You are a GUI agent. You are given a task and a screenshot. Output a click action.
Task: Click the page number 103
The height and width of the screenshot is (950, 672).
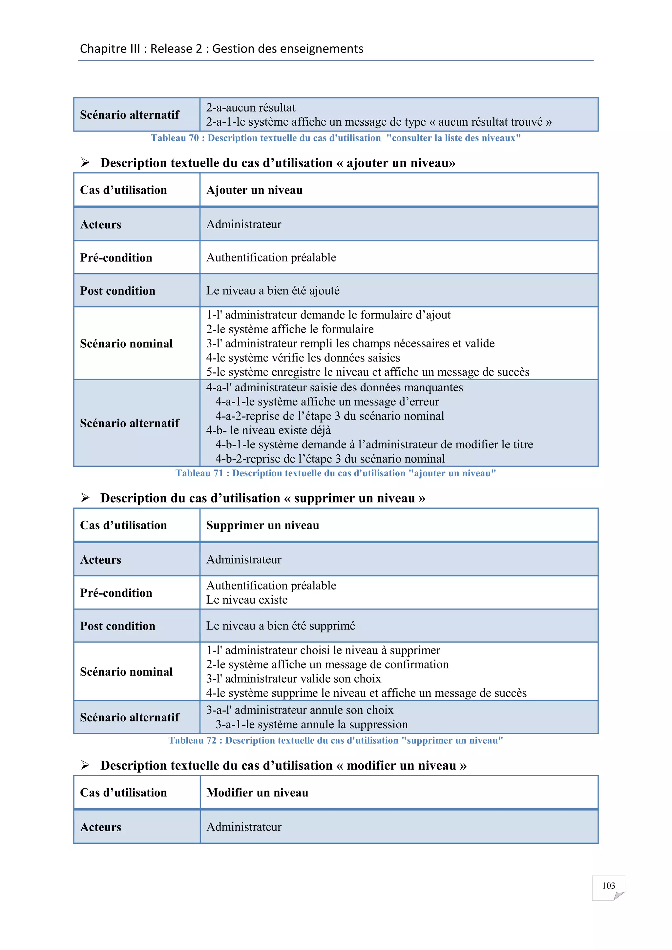pyautogui.click(x=608, y=885)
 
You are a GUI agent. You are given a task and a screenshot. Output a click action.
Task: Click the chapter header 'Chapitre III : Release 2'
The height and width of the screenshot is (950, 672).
pyautogui.click(x=221, y=49)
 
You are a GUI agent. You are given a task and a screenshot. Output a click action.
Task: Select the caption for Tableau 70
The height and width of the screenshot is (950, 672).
pyautogui.click(x=336, y=138)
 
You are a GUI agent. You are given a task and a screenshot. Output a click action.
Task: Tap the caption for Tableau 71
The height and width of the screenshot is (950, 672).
pyautogui.click(x=336, y=473)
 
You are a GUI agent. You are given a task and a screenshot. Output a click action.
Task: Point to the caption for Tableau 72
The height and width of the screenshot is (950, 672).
pyautogui.click(x=336, y=741)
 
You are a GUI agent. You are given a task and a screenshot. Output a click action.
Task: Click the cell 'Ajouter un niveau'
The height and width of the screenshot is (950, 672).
pyautogui.click(x=255, y=190)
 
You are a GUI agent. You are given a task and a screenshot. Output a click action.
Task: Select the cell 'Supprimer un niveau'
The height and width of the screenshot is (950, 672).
pyautogui.click(x=263, y=526)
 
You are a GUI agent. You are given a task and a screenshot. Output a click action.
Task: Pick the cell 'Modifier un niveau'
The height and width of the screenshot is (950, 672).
pyautogui.click(x=257, y=793)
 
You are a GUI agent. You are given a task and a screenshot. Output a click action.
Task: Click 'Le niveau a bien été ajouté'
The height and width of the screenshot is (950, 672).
pyautogui.click(x=273, y=291)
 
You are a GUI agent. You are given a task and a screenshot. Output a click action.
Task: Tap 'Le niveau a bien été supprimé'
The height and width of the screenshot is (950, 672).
pyautogui.click(x=281, y=626)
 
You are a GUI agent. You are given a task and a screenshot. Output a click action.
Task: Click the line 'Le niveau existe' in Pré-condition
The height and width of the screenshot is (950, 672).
pyautogui.click(x=247, y=600)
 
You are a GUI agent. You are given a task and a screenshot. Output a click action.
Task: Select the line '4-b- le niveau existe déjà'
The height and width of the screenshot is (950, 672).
pyautogui.click(x=268, y=430)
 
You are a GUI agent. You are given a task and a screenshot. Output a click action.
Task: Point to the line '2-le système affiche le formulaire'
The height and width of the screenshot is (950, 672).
pyautogui.click(x=290, y=329)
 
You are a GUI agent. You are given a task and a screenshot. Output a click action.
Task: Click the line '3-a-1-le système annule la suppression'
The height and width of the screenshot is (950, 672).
pyautogui.click(x=311, y=725)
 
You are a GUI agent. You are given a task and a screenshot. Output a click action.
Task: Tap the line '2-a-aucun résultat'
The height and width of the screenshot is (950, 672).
pyautogui.click(x=251, y=108)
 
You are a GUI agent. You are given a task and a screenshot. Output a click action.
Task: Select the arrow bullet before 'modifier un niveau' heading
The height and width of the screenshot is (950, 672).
pyautogui.click(x=85, y=765)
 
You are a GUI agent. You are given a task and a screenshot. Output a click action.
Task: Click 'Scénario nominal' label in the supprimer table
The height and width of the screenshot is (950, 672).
pyautogui.click(x=126, y=672)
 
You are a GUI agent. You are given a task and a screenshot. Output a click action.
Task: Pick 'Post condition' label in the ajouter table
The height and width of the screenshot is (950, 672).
pyautogui.click(x=117, y=291)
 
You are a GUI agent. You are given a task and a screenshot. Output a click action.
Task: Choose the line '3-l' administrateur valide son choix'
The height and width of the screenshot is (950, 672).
pyautogui.click(x=293, y=679)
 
